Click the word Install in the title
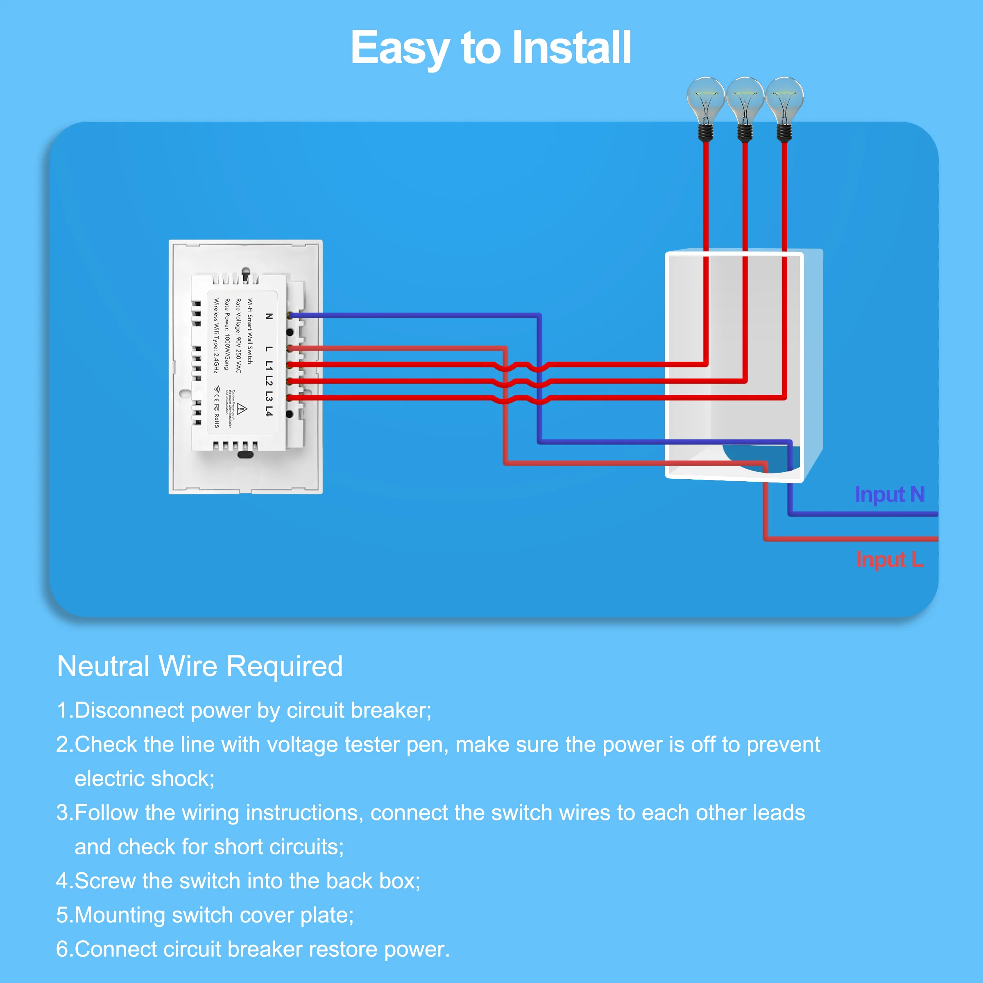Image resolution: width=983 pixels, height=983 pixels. click(571, 48)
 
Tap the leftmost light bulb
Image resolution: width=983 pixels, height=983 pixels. click(705, 99)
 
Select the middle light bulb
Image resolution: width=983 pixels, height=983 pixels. click(745, 99)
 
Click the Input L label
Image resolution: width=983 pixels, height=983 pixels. click(889, 559)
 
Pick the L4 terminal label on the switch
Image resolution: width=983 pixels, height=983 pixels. click(269, 411)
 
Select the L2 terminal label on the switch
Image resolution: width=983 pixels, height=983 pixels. click(269, 380)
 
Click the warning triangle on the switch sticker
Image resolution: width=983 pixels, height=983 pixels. click(242, 409)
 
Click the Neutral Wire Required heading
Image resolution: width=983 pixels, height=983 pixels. click(200, 666)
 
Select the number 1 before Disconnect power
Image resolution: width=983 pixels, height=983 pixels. click(63, 710)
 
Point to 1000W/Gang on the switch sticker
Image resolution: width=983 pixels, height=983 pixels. click(227, 351)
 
